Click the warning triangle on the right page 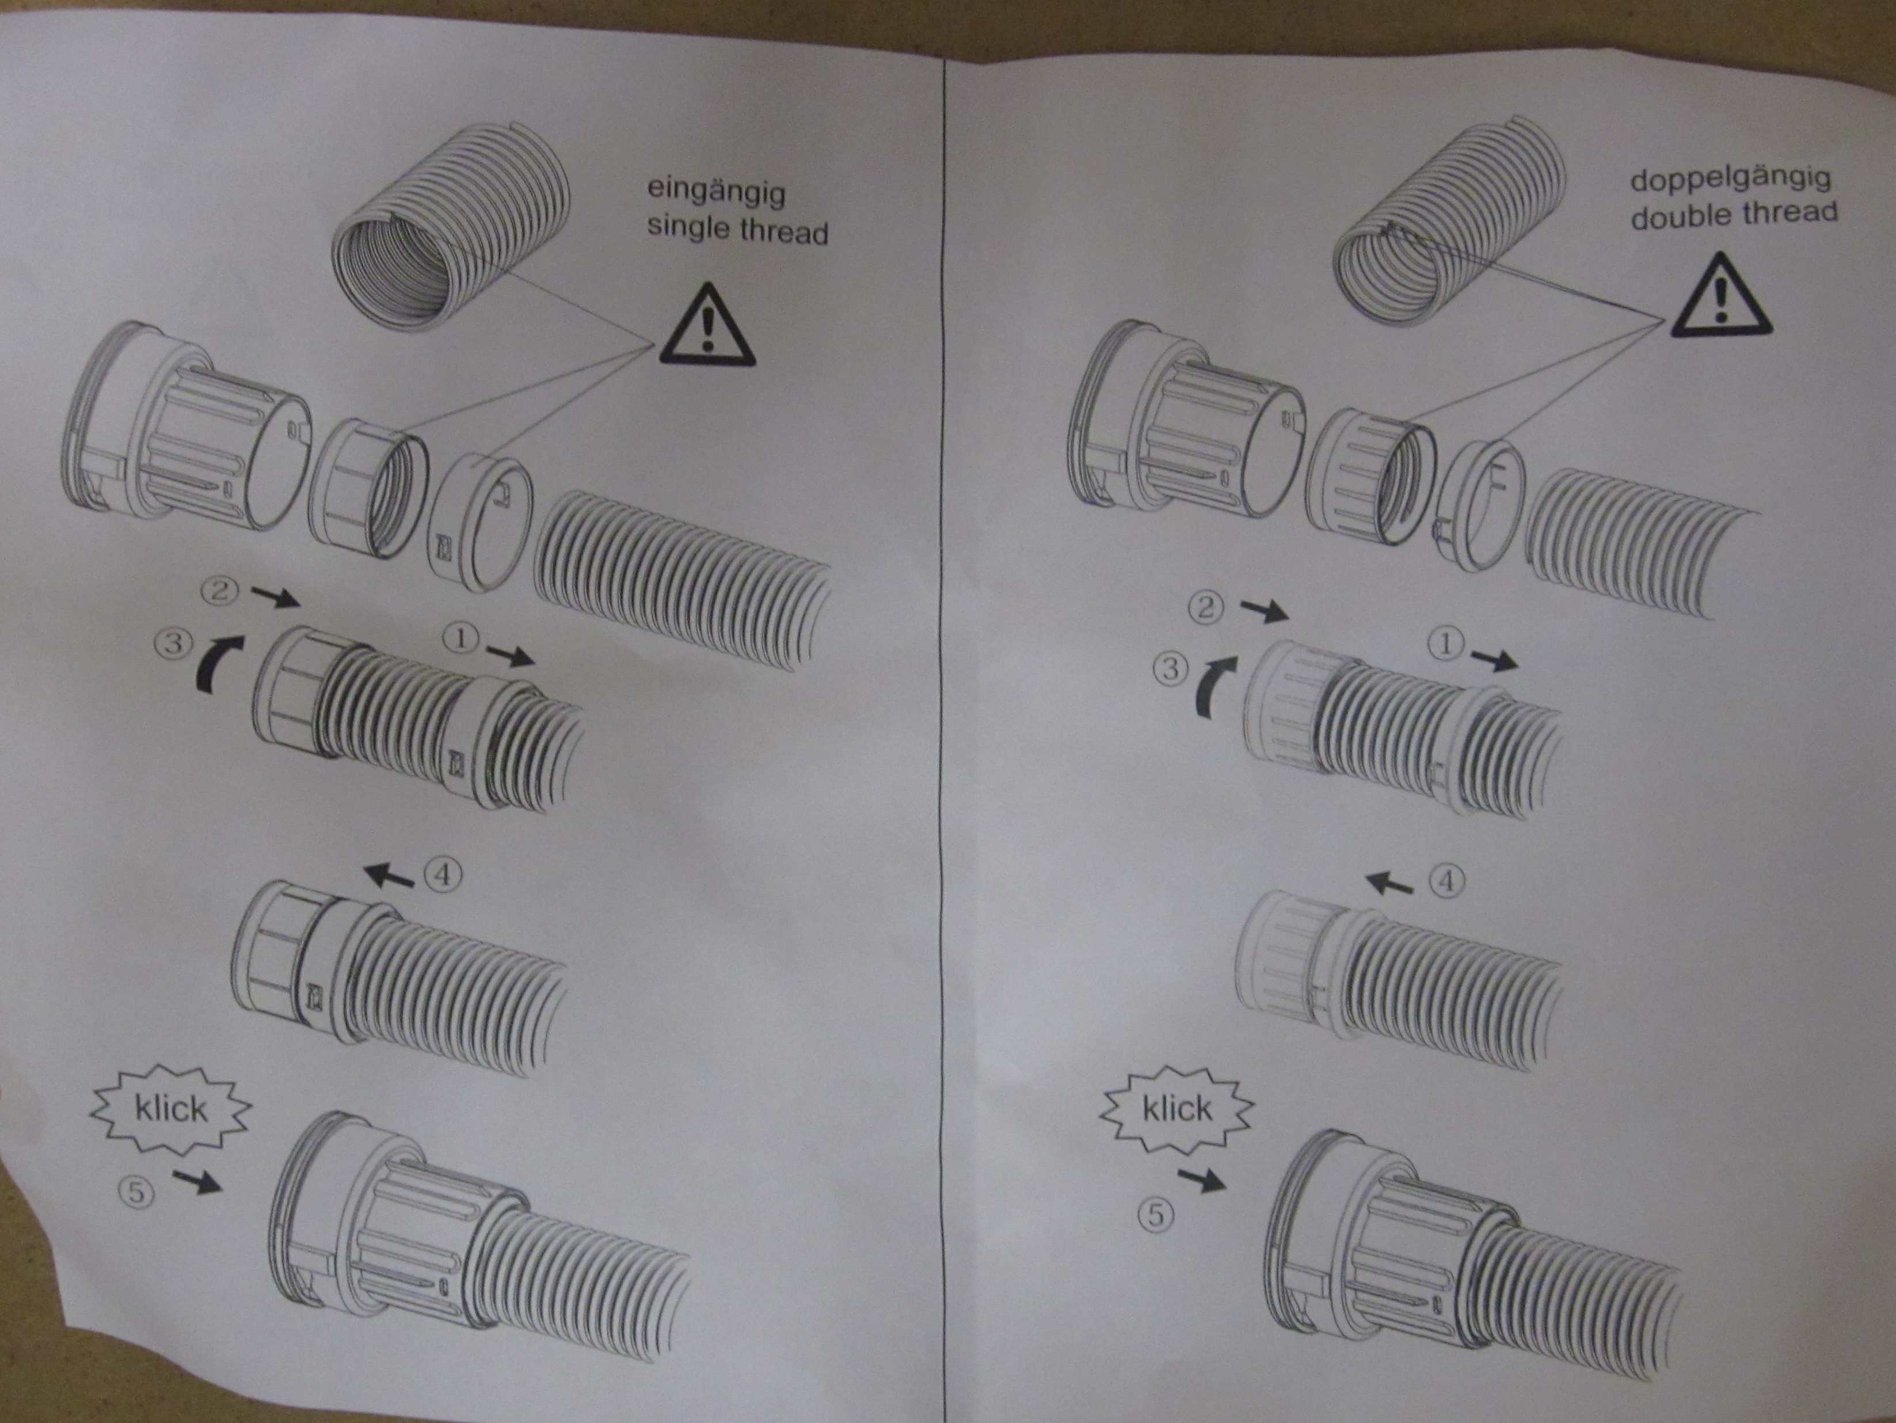tap(1720, 296)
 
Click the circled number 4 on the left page tap(443, 874)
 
